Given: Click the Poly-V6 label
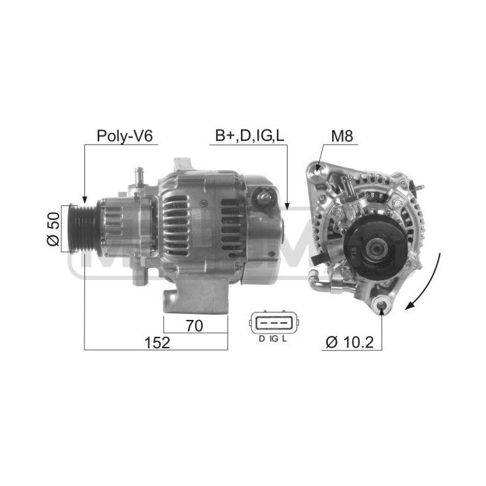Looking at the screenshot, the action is (125, 136).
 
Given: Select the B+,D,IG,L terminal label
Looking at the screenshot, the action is (250, 136).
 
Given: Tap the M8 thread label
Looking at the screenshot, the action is (342, 136).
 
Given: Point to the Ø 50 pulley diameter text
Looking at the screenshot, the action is (53, 229).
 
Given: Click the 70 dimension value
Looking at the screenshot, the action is (194, 326).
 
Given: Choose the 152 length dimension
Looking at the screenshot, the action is (157, 343).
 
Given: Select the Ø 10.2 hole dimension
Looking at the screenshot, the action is (350, 342).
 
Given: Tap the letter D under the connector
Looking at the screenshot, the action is (262, 339).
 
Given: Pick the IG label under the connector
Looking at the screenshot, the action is (274, 339).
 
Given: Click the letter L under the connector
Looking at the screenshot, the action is (285, 339).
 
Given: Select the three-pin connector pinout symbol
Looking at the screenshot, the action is (273, 323).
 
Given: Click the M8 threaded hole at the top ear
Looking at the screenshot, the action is (318, 169).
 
